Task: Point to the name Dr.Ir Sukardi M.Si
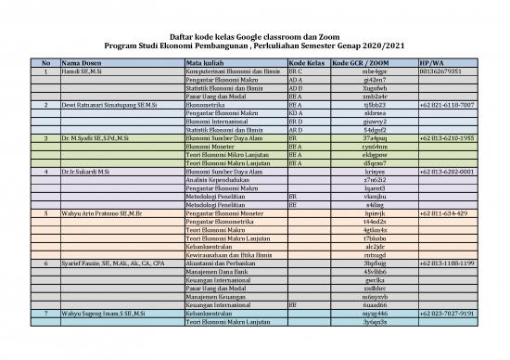[86, 172]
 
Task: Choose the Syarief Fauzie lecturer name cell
[112, 263]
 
